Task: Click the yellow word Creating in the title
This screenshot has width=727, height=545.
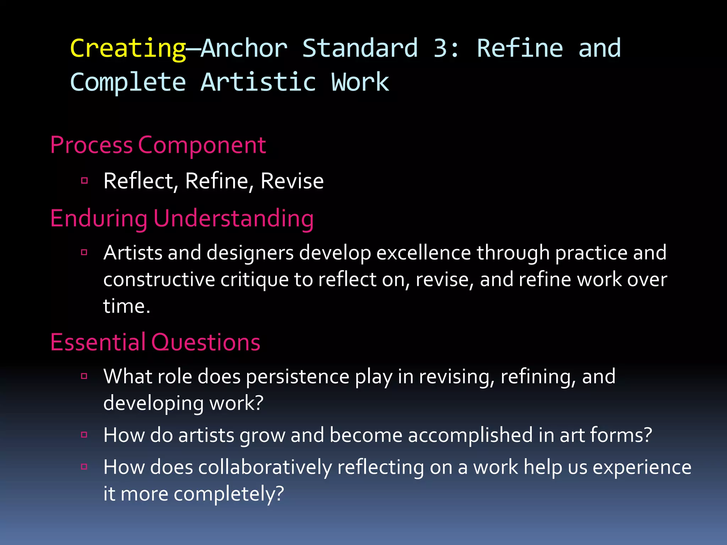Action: click(128, 48)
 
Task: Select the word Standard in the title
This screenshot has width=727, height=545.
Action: click(360, 48)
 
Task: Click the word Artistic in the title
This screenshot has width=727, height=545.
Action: click(258, 82)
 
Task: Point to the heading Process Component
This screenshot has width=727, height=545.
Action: click(158, 145)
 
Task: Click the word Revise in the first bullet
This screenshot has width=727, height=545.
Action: click(292, 181)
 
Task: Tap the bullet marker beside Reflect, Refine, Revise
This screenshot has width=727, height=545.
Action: click(84, 181)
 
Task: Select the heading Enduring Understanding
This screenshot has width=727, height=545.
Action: click(182, 218)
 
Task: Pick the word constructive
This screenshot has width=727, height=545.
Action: click(159, 280)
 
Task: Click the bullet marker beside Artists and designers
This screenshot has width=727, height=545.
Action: click(84, 252)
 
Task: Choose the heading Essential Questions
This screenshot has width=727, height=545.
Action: click(155, 342)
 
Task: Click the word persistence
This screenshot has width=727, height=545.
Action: click(297, 376)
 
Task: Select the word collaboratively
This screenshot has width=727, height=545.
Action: click(265, 467)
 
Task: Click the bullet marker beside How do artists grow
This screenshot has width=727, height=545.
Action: click(84, 435)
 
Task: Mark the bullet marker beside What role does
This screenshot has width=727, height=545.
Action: click(84, 376)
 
